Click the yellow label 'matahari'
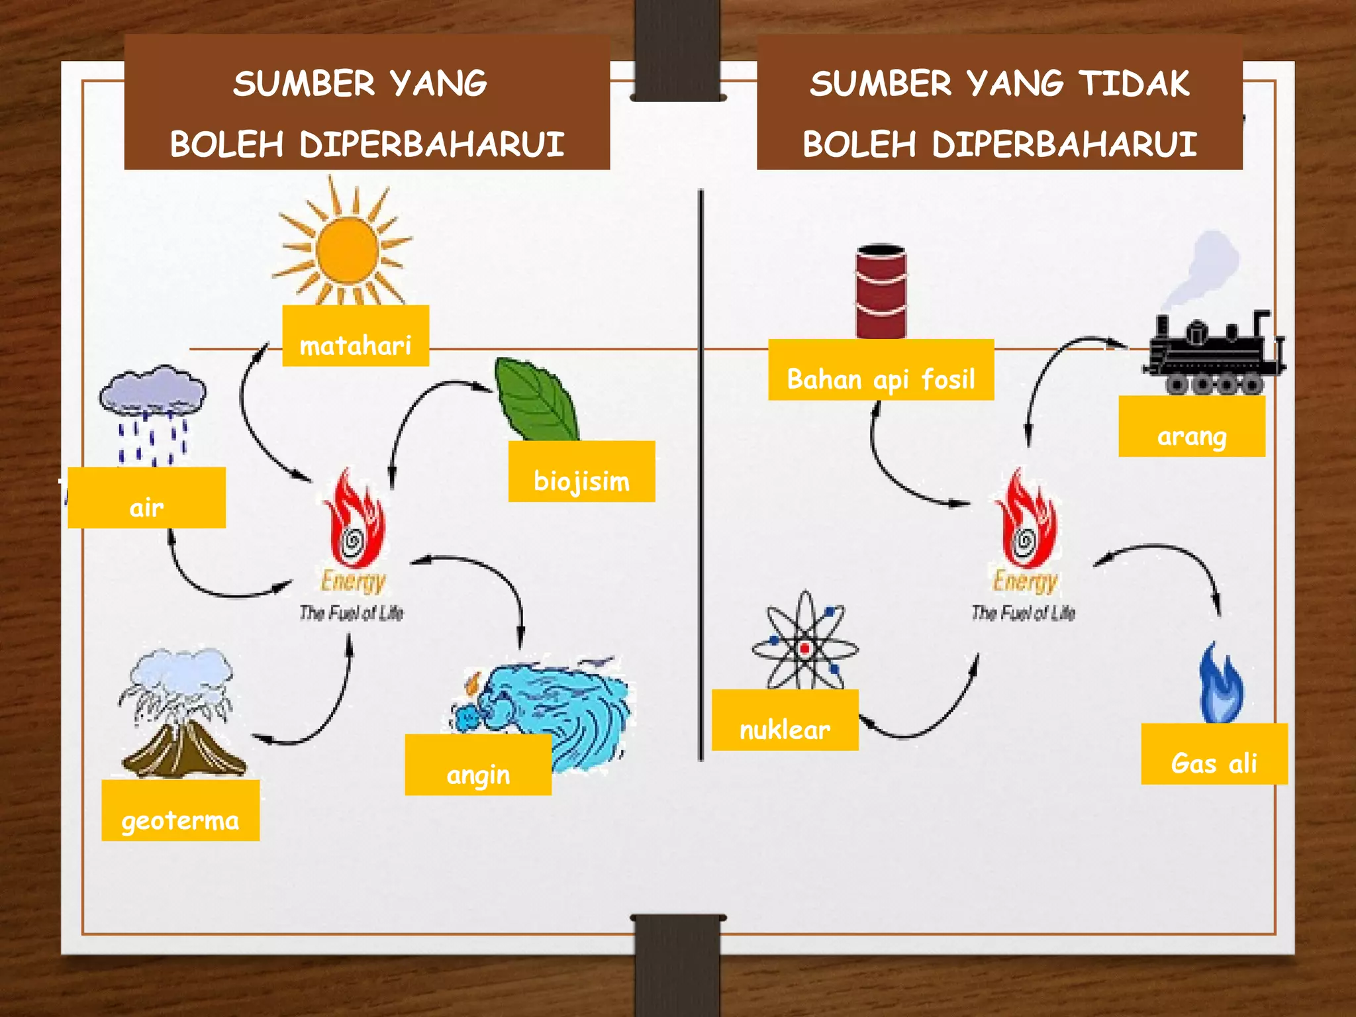click(x=356, y=336)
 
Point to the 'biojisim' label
click(x=581, y=472)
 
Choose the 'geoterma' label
click(x=180, y=811)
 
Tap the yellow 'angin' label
click(x=478, y=765)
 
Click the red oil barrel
click(x=881, y=291)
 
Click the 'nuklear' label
click(x=785, y=720)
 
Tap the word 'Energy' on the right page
click(x=1025, y=581)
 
